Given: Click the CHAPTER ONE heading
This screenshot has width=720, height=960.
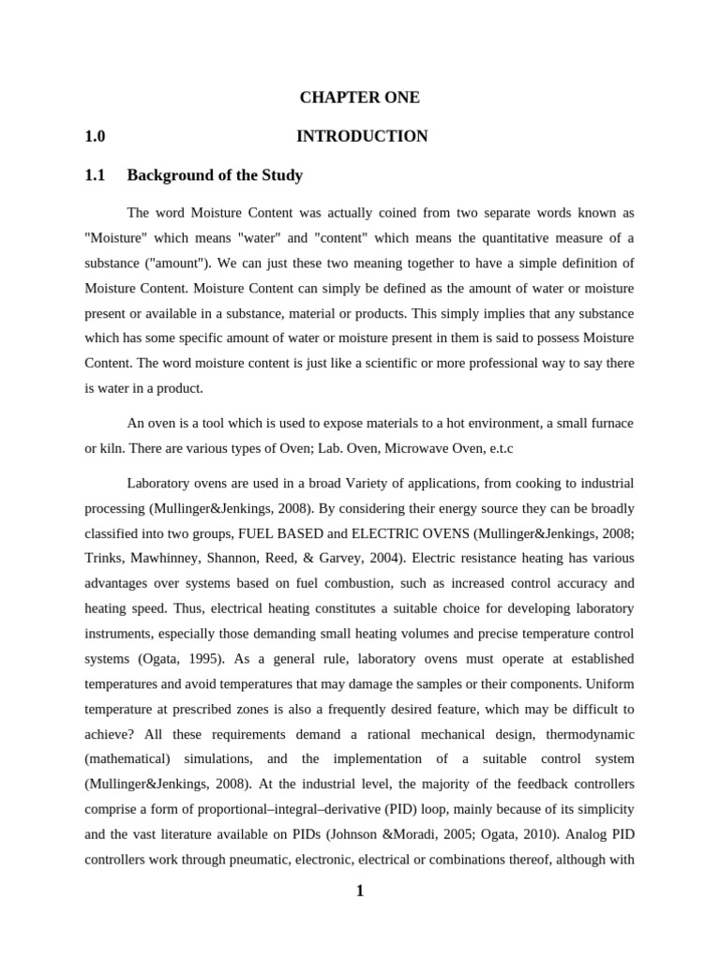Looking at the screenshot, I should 360,97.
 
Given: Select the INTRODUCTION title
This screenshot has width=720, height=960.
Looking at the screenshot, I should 362,137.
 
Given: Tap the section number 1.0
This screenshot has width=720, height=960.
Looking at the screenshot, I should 95,137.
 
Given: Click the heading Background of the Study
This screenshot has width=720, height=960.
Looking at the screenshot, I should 215,175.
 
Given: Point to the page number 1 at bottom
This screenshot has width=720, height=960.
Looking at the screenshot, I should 359,891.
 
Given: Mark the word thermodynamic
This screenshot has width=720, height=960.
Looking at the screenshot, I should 586,706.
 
